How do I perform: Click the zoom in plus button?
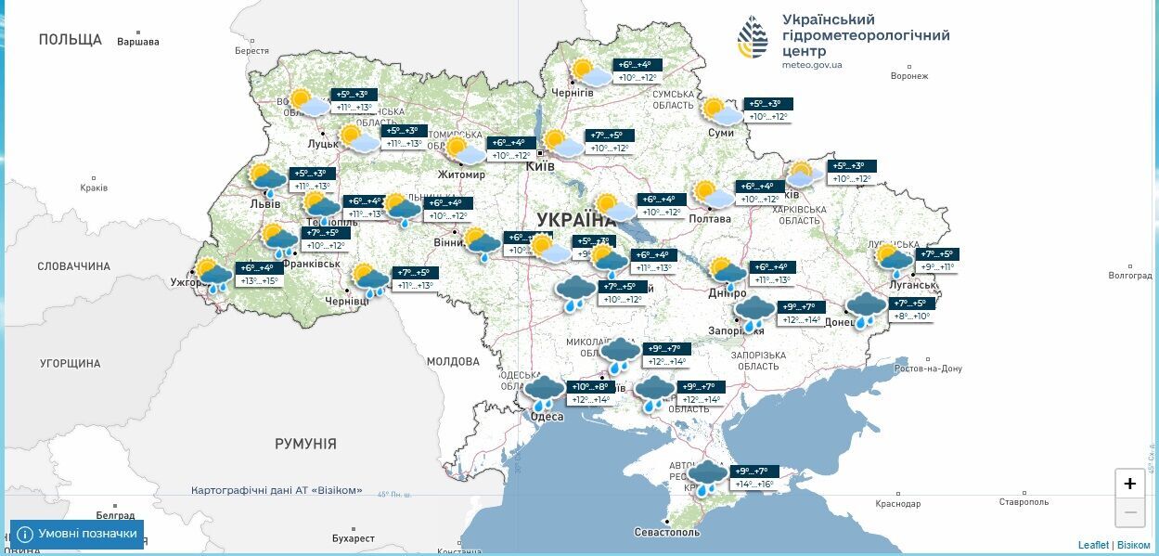point(1129,483)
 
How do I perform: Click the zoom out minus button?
point(1129,511)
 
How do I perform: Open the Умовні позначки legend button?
point(78,534)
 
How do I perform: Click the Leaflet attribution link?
point(1093,545)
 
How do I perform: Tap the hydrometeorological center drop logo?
point(753,38)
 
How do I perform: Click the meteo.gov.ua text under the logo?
point(812,65)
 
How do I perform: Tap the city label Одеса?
point(547,417)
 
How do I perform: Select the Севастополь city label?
point(666,533)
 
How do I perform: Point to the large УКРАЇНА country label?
point(576,219)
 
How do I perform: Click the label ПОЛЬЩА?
point(70,39)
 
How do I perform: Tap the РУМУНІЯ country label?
point(305,444)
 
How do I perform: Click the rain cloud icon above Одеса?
point(544,392)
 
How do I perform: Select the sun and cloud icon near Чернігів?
point(590,72)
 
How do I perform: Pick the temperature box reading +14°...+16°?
point(753,485)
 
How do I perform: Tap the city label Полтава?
point(710,219)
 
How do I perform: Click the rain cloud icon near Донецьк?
point(866,309)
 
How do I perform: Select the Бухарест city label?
point(353,538)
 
